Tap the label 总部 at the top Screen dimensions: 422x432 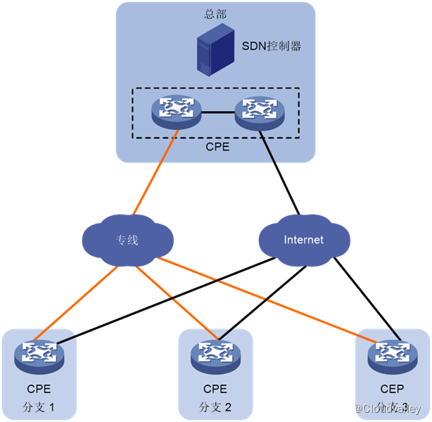point(215,13)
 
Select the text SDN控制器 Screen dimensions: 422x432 point(271,46)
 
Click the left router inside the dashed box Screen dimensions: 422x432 point(176,110)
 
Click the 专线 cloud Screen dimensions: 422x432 point(127,240)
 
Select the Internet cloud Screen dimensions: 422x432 point(303,240)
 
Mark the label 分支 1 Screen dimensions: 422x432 point(38,407)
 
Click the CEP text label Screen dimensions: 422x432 point(392,389)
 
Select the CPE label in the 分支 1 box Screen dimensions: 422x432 point(39,389)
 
